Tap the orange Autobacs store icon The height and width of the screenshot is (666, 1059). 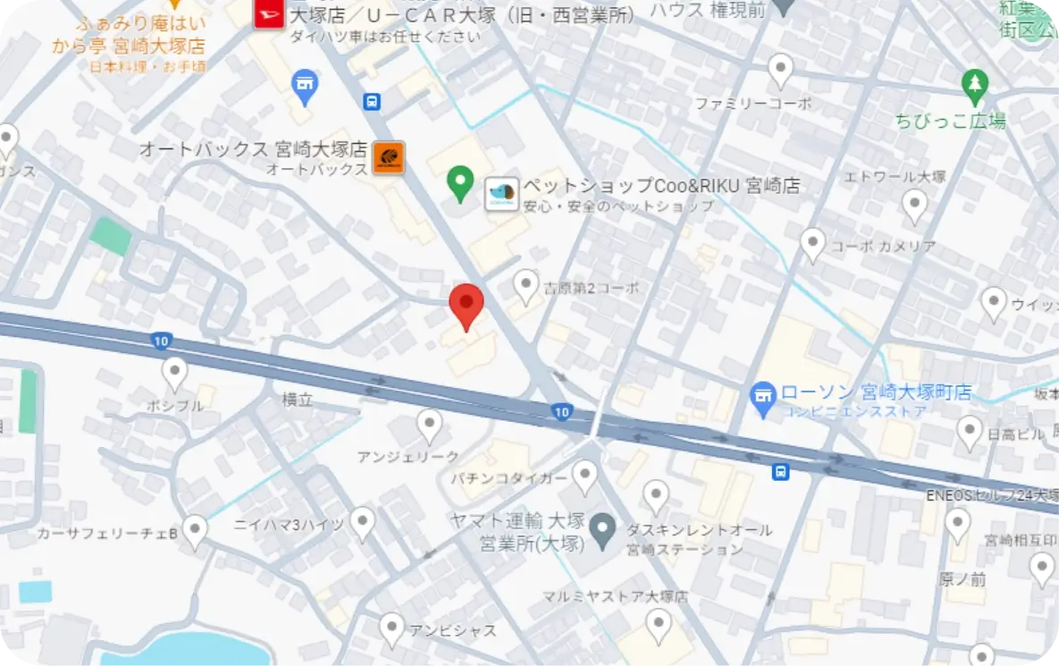pyautogui.click(x=389, y=157)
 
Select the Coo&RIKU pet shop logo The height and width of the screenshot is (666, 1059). pyautogui.click(x=501, y=194)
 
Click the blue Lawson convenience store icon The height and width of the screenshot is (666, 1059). pyautogui.click(x=762, y=393)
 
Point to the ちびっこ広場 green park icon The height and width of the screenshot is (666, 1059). pyautogui.click(x=974, y=87)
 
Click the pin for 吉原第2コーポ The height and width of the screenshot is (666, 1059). pyautogui.click(x=526, y=285)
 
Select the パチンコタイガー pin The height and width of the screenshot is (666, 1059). pyautogui.click(x=585, y=476)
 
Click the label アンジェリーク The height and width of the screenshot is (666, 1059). pyautogui.click(x=408, y=457)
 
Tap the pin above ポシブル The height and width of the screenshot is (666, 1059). pyautogui.click(x=174, y=372)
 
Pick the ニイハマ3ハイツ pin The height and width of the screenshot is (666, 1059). pyautogui.click(x=362, y=521)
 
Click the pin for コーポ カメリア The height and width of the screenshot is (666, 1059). pyautogui.click(x=812, y=243)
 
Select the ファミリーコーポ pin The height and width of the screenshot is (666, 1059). pyautogui.click(x=781, y=69)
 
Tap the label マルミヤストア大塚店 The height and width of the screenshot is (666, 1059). pyautogui.click(x=615, y=596)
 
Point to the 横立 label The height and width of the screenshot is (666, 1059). pyautogui.click(x=298, y=400)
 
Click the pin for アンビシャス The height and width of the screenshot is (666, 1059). pyautogui.click(x=391, y=628)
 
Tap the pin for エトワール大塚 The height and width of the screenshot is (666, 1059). pyautogui.click(x=914, y=205)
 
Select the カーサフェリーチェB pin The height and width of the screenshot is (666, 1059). pyautogui.click(x=195, y=530)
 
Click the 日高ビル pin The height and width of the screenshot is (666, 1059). pyautogui.click(x=970, y=432)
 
